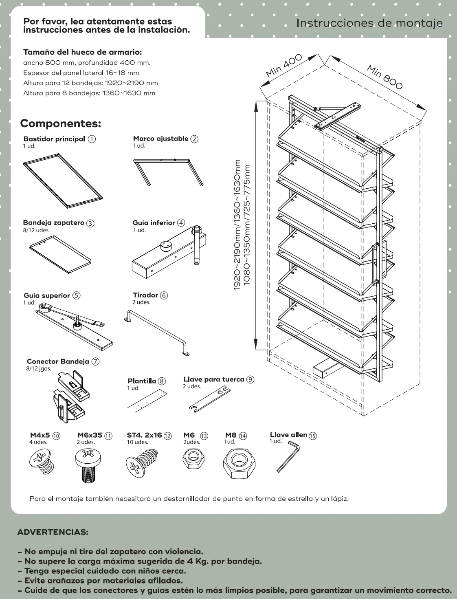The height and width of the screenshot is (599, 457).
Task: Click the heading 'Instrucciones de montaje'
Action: pos(369,23)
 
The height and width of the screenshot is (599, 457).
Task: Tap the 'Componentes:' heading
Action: pos(61,123)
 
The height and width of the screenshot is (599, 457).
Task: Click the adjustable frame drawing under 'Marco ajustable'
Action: pos(168,171)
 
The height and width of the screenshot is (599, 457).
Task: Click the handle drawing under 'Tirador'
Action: pos(157,332)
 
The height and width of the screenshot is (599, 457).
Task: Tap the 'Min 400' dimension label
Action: pos(283,65)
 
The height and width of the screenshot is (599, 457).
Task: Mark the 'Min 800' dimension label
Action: pos(384,77)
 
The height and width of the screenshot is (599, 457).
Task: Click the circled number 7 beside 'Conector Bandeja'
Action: pos(96,361)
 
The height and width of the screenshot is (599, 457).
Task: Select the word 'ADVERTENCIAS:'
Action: pos(53,532)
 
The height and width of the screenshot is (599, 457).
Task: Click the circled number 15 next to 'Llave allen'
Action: pos(313,436)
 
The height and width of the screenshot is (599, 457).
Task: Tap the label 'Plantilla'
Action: pos(142,381)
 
